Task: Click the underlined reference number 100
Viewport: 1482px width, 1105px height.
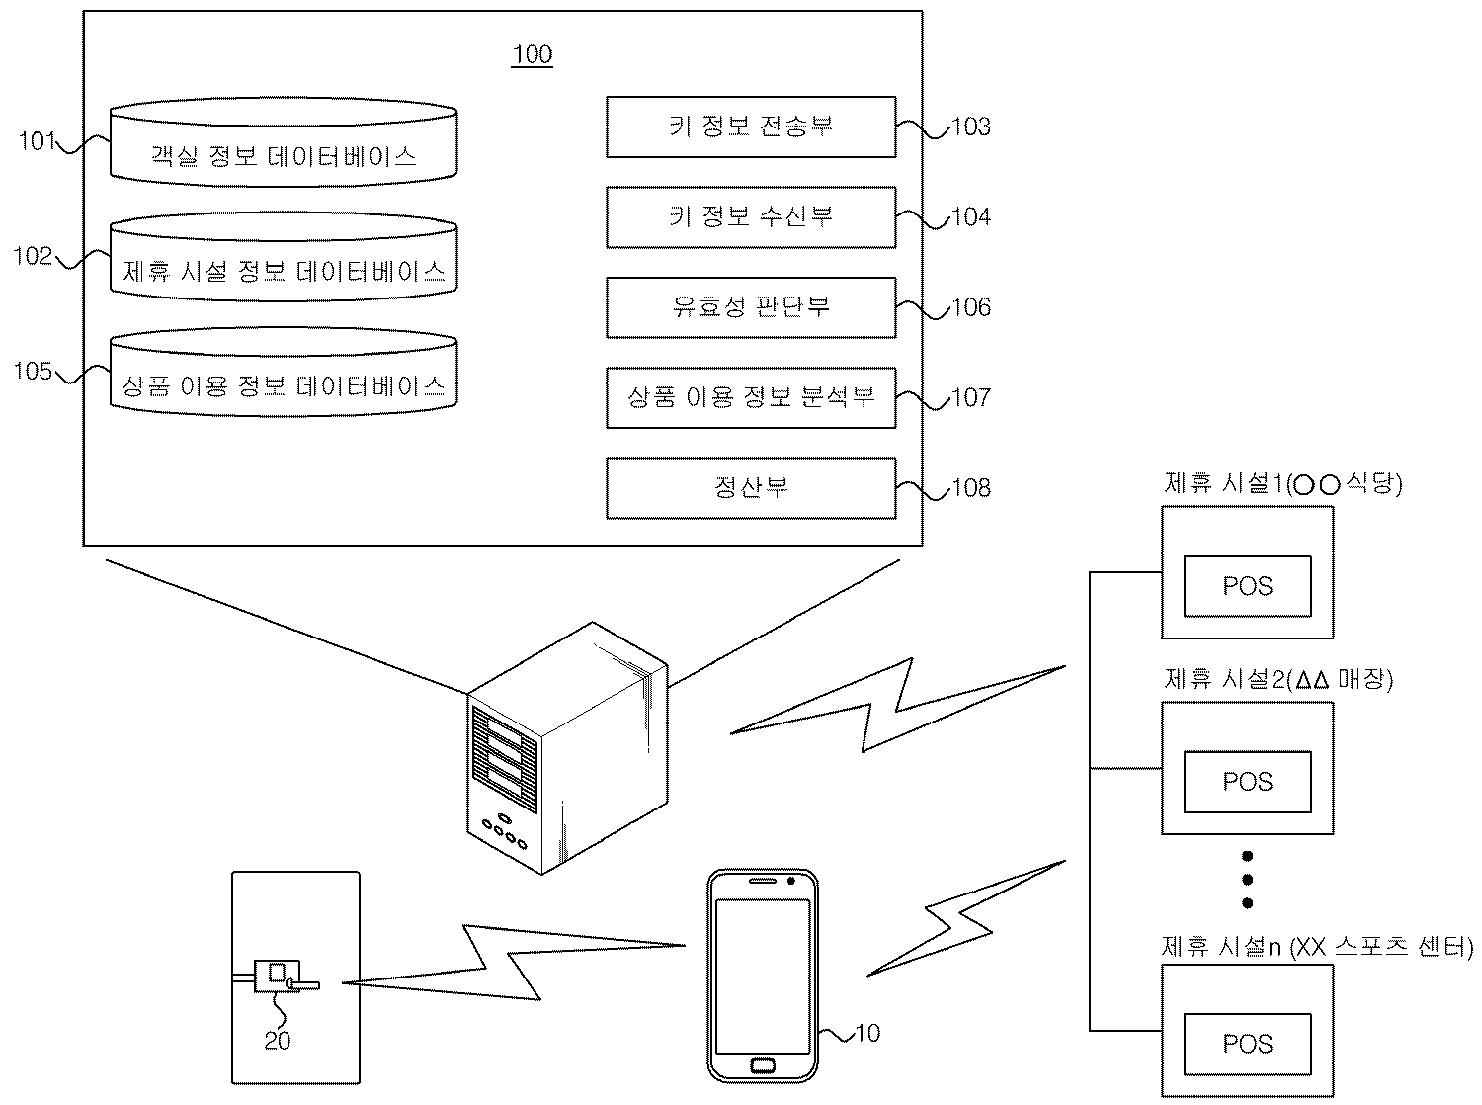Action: [532, 54]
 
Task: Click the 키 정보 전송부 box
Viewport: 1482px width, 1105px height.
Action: [751, 127]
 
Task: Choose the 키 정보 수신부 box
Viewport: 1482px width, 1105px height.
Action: [751, 216]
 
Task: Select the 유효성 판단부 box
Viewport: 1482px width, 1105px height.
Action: [751, 306]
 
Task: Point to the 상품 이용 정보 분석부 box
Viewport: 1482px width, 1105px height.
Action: [751, 397]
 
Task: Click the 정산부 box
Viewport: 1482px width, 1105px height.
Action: [751, 487]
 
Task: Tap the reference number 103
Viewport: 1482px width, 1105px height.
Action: [971, 127]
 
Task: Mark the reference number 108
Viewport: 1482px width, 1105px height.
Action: [971, 488]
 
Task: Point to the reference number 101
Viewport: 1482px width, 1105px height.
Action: [38, 141]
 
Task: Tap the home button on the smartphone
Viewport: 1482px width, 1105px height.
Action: [762, 1064]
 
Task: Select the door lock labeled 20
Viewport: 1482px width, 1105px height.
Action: [278, 976]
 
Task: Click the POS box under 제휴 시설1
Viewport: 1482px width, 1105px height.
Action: [1248, 586]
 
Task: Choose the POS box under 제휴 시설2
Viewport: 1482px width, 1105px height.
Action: [1248, 782]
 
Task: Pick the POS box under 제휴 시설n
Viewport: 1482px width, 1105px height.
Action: [1248, 1044]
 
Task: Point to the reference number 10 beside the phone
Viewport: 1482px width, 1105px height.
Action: [866, 1034]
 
